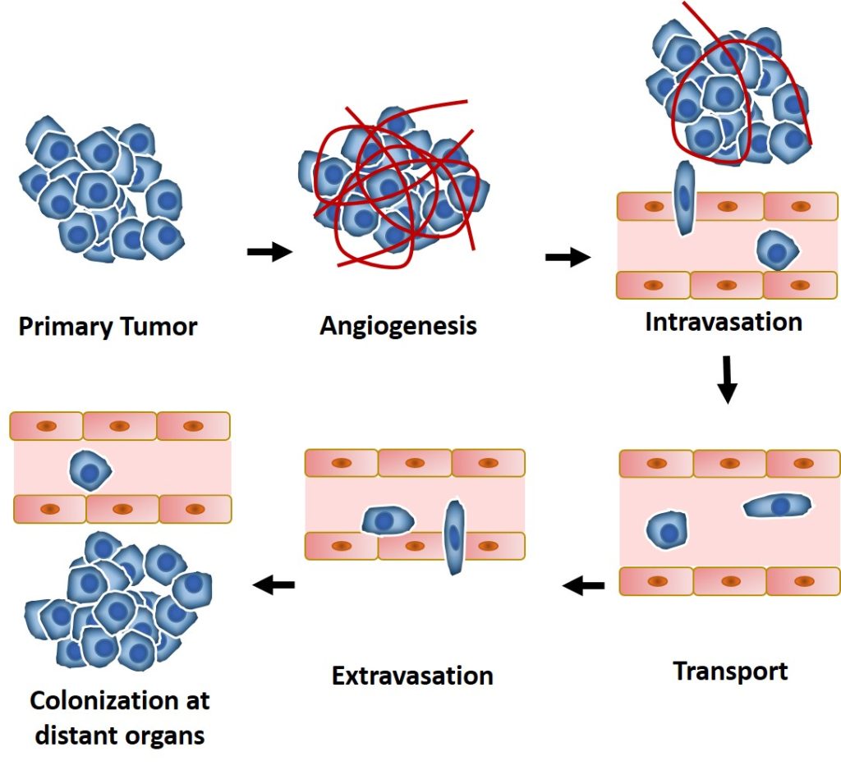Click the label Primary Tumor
click(x=108, y=327)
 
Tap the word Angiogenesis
click(x=398, y=326)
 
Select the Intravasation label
click(x=723, y=321)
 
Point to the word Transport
click(x=730, y=671)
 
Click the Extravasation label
click(x=412, y=676)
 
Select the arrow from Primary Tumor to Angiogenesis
click(x=269, y=252)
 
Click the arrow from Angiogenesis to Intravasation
click(x=568, y=259)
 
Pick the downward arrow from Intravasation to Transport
click(x=727, y=378)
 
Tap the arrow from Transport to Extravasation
click(x=584, y=586)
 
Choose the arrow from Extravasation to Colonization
click(x=273, y=584)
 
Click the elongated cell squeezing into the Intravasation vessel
click(x=683, y=198)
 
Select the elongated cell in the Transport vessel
click(x=778, y=506)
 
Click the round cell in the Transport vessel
click(x=665, y=529)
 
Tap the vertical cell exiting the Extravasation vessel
click(x=454, y=538)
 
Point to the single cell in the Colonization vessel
click(x=90, y=470)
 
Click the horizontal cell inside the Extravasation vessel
click(x=388, y=520)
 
